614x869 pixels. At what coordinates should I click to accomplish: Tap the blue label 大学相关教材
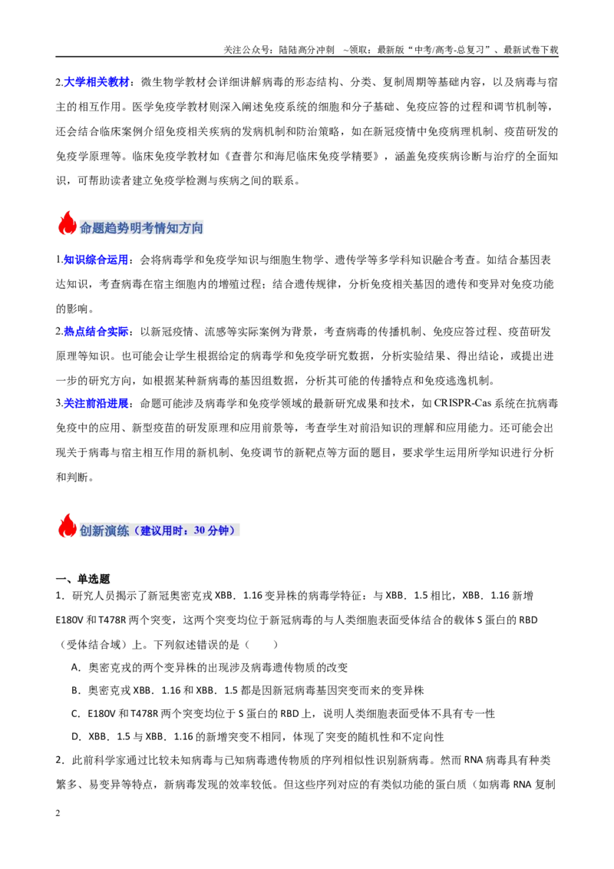[97, 82]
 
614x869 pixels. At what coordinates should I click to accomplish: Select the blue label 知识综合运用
[96, 260]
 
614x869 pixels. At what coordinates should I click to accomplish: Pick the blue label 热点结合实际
[96, 332]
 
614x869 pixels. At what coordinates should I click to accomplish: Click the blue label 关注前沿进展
[96, 404]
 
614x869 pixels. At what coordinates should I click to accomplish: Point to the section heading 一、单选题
[83, 579]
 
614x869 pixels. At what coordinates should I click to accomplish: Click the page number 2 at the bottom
[58, 813]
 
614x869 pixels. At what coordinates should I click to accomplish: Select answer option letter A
[75, 667]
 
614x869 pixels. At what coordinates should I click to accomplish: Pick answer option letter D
[75, 737]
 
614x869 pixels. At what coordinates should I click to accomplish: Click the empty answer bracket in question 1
[261, 645]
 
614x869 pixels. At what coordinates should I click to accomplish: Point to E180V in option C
[101, 714]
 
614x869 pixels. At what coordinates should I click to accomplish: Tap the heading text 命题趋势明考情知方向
[141, 228]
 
